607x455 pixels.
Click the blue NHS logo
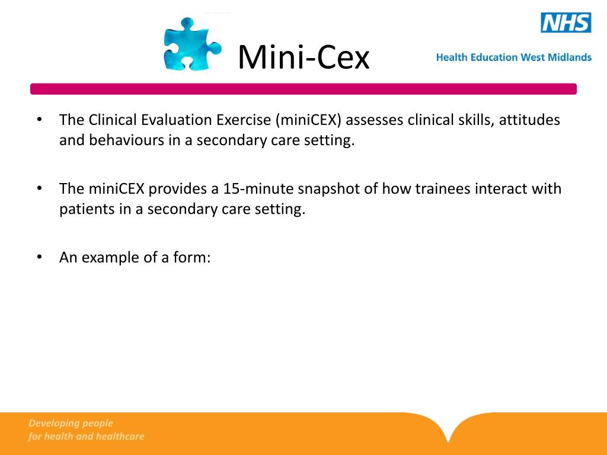(x=566, y=23)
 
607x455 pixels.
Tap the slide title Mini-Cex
(x=303, y=57)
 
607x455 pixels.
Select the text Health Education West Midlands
(x=513, y=57)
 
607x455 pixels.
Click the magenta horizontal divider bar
(x=303, y=89)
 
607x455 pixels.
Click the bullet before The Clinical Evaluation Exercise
(x=39, y=120)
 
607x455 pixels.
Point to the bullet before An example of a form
(x=39, y=257)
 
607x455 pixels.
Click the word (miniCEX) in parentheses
(x=308, y=120)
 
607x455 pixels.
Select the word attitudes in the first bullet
(x=529, y=120)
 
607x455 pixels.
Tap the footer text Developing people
(x=71, y=423)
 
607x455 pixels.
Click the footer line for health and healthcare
(x=86, y=437)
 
